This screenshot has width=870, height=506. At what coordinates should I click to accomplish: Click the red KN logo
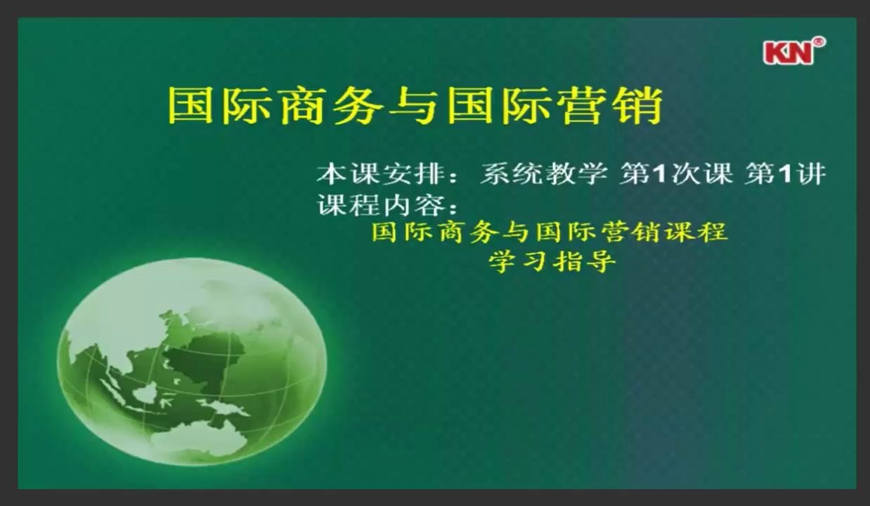click(x=788, y=53)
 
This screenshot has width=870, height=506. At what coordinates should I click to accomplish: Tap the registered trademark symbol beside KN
click(x=819, y=42)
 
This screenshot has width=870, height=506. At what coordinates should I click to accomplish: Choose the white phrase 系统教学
click(x=543, y=174)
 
